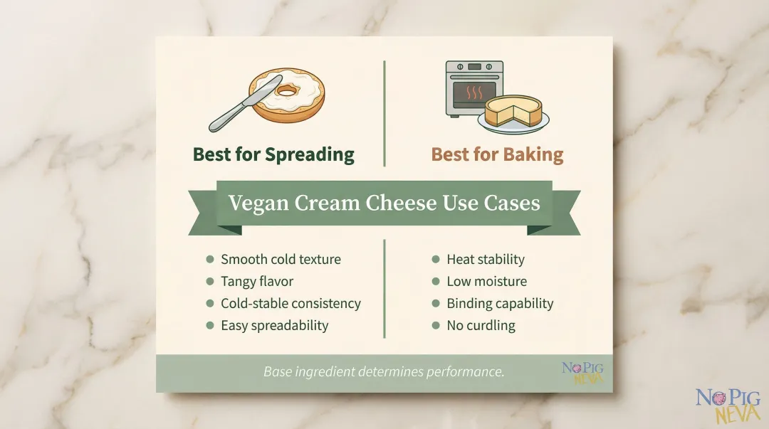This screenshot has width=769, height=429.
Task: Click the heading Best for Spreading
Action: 273,154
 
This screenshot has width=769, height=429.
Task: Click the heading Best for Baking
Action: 497,154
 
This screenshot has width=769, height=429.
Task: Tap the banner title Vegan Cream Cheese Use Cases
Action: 384,203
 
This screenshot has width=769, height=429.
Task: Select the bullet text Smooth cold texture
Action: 281,260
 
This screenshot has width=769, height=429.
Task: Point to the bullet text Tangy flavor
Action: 257,282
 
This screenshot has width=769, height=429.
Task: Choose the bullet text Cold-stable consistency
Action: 291,304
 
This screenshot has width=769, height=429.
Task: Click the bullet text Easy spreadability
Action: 274,326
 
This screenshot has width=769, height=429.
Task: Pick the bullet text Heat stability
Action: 485,260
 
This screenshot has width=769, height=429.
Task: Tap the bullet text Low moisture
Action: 486,282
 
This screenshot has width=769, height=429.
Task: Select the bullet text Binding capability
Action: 500,304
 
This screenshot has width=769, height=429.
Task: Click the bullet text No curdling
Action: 481,326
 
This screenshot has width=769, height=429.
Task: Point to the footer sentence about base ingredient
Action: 384,372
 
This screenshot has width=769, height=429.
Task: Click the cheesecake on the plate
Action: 513,112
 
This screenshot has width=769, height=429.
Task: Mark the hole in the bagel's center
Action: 288,91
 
